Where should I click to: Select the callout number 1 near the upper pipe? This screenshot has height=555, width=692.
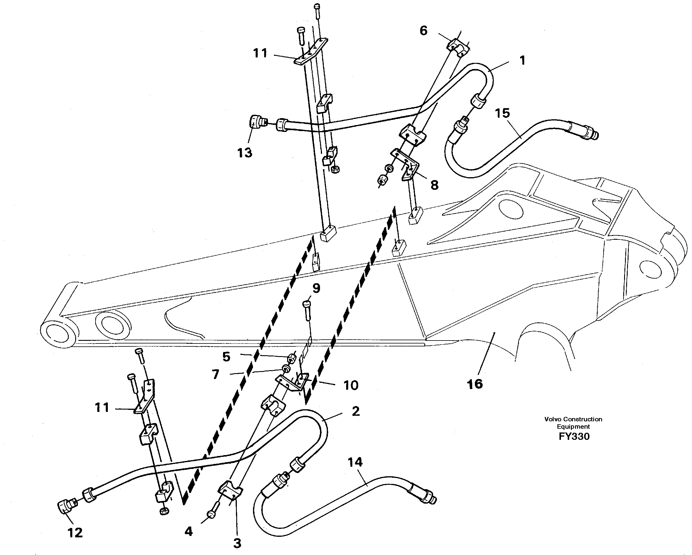click(522, 60)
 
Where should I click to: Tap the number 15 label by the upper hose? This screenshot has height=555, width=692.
click(502, 113)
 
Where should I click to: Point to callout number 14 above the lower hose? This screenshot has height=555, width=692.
click(355, 462)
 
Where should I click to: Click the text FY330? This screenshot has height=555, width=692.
click(574, 437)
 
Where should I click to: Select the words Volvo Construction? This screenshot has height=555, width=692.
click(573, 419)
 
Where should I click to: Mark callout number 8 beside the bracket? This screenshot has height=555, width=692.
click(434, 185)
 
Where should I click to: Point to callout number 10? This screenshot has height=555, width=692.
click(351, 385)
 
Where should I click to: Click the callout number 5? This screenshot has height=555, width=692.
click(226, 357)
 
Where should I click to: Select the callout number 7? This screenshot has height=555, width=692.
click(215, 374)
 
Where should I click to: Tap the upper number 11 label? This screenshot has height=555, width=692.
click(260, 53)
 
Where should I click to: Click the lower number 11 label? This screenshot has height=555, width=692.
click(102, 408)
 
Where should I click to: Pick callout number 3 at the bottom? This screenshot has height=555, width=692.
click(237, 544)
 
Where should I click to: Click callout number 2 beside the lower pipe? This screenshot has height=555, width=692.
click(356, 411)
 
